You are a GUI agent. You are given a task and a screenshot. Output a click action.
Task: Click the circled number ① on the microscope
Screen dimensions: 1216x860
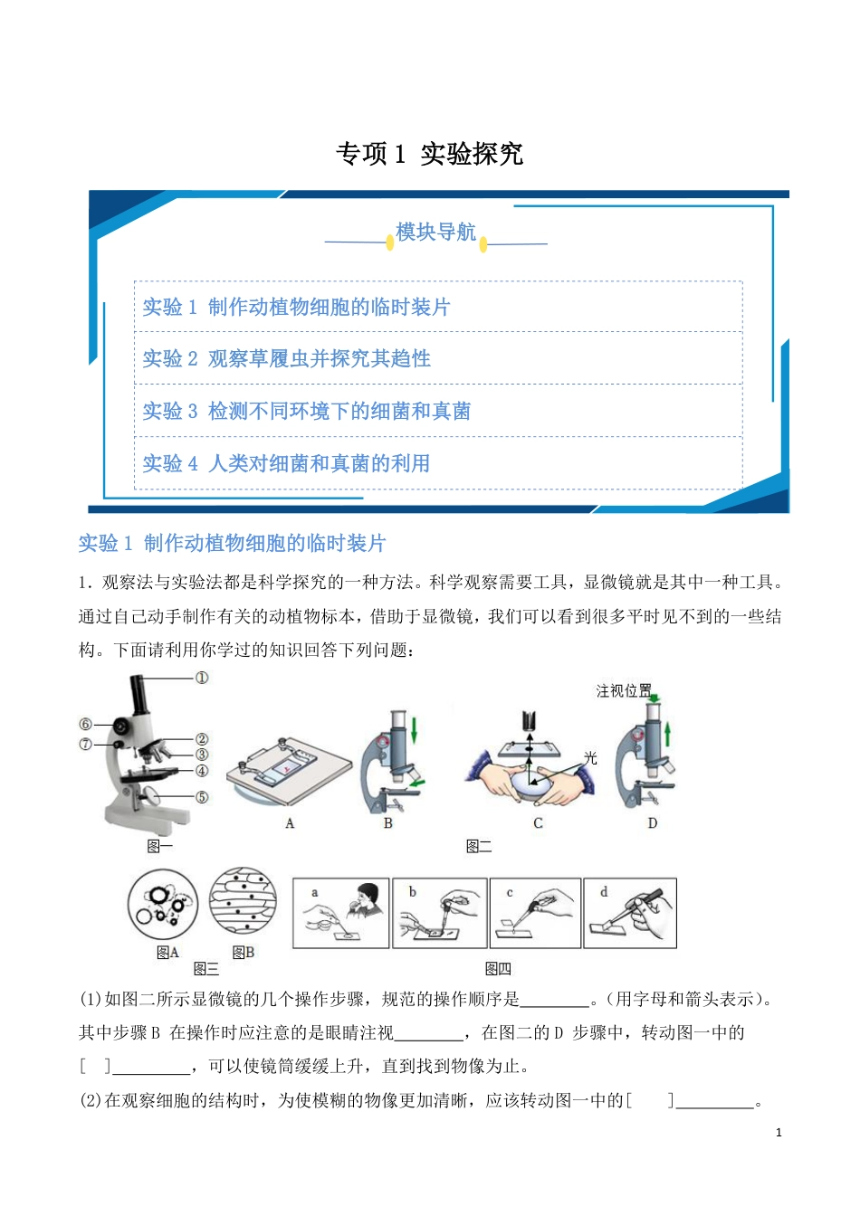pyautogui.click(x=202, y=678)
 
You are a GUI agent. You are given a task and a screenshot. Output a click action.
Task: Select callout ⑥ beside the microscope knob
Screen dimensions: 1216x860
pyautogui.click(x=86, y=724)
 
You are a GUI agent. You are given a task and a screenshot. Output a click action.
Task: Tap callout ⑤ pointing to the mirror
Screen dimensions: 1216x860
pyautogui.click(x=202, y=797)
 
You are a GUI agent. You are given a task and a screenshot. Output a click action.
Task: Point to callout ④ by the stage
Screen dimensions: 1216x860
pyautogui.click(x=202, y=771)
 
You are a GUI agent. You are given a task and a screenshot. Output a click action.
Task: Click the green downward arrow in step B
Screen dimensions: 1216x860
pyautogui.click(x=414, y=728)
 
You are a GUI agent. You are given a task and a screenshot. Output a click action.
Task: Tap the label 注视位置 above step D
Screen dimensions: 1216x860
pyautogui.click(x=624, y=691)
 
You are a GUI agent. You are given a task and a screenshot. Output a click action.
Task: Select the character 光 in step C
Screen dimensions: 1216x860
pyautogui.click(x=590, y=758)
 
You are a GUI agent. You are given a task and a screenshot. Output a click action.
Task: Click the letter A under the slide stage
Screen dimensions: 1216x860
pyautogui.click(x=290, y=823)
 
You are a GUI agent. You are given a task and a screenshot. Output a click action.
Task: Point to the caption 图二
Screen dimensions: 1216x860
pyautogui.click(x=479, y=846)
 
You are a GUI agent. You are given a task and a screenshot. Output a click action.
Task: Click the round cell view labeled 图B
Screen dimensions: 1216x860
pyautogui.click(x=244, y=904)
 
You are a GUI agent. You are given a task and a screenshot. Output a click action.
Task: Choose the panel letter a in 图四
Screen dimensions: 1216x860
pyautogui.click(x=314, y=892)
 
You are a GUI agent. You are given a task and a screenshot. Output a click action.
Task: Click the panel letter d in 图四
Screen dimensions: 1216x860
pyautogui.click(x=604, y=892)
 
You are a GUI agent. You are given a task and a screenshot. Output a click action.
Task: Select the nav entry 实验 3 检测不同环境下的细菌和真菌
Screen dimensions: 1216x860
pyautogui.click(x=307, y=411)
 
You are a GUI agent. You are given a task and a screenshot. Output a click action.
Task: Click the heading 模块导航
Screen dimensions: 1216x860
pyautogui.click(x=435, y=233)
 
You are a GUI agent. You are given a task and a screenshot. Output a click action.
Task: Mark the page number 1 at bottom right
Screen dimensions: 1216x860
pyautogui.click(x=779, y=1132)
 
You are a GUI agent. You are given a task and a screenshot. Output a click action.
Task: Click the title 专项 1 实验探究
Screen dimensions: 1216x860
pyautogui.click(x=429, y=154)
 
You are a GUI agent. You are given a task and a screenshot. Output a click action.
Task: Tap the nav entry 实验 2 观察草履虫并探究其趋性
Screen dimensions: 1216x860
pyautogui.click(x=287, y=358)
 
